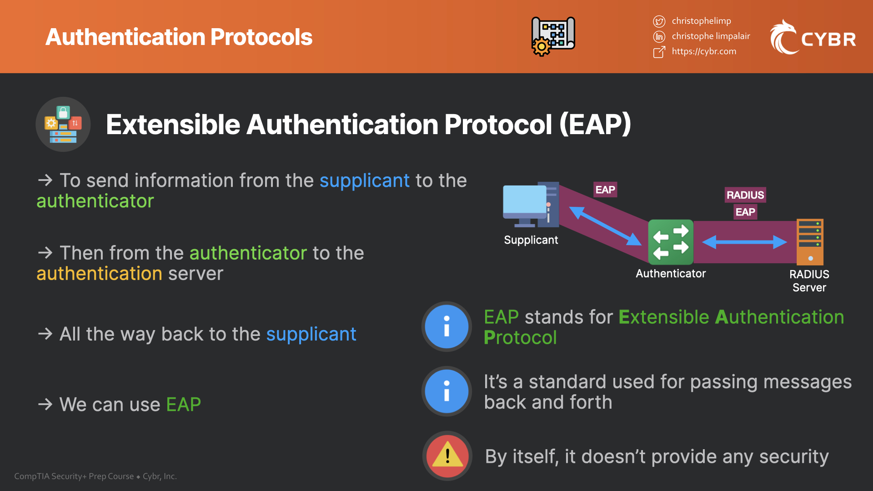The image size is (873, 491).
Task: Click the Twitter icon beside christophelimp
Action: (x=659, y=21)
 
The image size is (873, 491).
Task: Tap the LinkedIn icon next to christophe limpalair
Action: (x=659, y=36)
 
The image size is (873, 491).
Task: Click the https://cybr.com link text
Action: (x=704, y=51)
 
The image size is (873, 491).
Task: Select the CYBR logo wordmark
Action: (x=828, y=40)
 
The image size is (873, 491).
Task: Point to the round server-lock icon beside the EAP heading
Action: (x=63, y=124)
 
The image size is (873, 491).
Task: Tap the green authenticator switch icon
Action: (x=671, y=242)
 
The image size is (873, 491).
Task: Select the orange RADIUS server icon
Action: (x=810, y=242)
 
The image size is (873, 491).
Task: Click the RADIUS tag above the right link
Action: (x=745, y=195)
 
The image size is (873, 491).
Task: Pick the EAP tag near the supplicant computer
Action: (x=605, y=190)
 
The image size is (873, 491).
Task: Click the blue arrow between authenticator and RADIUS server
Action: (x=744, y=242)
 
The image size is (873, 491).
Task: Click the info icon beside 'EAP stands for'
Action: (x=447, y=326)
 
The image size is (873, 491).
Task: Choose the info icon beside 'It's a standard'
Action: (x=447, y=391)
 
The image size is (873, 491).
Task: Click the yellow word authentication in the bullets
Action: (x=99, y=274)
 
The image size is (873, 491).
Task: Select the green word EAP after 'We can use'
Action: (x=183, y=404)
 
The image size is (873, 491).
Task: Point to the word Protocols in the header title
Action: (x=261, y=37)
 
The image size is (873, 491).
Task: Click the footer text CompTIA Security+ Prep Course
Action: (x=74, y=476)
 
